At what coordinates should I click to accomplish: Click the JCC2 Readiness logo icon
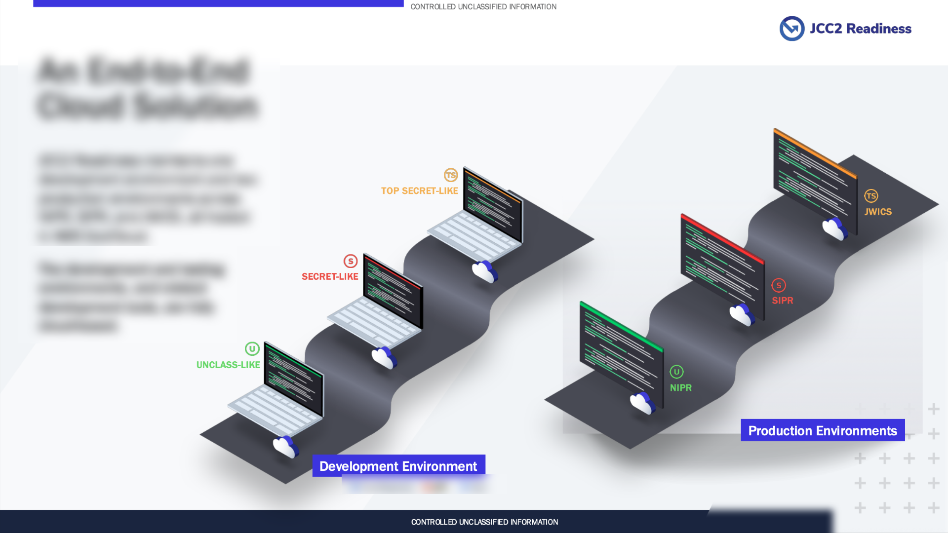tap(791, 29)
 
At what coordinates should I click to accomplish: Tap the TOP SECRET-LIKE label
tap(419, 191)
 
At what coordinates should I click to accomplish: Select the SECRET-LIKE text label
tap(330, 277)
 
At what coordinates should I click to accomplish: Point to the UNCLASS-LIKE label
tap(228, 365)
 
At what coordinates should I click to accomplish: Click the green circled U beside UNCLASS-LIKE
tap(252, 349)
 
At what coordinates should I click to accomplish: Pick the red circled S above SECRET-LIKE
tap(351, 261)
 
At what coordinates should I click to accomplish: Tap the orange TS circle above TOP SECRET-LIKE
tap(451, 175)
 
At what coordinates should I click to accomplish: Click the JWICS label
tap(878, 212)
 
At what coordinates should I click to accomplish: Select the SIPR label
tap(783, 301)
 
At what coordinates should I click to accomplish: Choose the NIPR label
tap(681, 388)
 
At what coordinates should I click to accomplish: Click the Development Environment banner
tap(398, 466)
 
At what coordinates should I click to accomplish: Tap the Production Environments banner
tap(823, 430)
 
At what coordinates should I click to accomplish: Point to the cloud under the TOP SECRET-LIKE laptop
tap(485, 271)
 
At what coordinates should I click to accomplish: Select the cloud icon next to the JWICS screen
tap(834, 228)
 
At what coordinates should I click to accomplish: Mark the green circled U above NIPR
tap(676, 372)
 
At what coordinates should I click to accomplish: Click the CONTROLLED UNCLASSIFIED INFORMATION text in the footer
tap(484, 522)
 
